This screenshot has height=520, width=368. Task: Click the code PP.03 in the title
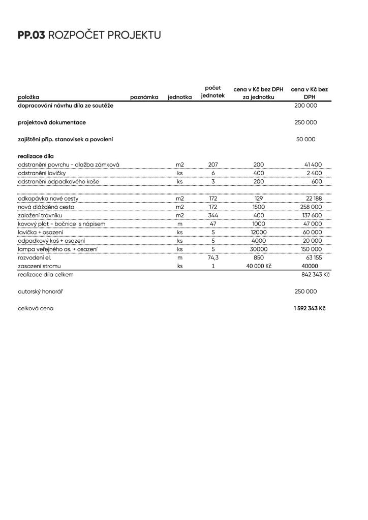pos(31,35)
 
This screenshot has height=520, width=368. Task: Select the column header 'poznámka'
pos(144,97)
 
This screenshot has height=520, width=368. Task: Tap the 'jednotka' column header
pos(179,97)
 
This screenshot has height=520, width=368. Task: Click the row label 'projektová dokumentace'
pos(52,122)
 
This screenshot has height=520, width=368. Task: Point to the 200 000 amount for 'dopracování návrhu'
pos(305,106)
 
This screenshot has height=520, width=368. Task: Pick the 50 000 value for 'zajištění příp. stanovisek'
pos(305,139)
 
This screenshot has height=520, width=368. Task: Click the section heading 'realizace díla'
pos(36,156)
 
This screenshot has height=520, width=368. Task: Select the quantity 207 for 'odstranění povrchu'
pos(213,165)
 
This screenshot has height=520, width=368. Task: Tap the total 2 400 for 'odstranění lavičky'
pos(313,173)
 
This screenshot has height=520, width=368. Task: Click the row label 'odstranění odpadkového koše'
pos(58,181)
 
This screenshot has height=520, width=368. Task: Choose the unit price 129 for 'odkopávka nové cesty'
pos(259,198)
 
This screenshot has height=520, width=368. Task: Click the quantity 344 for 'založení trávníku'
pos(213,215)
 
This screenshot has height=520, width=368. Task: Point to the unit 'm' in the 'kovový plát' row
pos(179,223)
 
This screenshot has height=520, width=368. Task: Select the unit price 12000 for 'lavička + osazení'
pos(259,232)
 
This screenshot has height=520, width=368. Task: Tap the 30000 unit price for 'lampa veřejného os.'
pos(259,249)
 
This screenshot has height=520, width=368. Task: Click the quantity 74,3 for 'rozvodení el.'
pos(213,257)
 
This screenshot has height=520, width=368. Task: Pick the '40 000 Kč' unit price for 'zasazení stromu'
pos(259,266)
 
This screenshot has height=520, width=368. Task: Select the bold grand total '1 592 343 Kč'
pos(309,308)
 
